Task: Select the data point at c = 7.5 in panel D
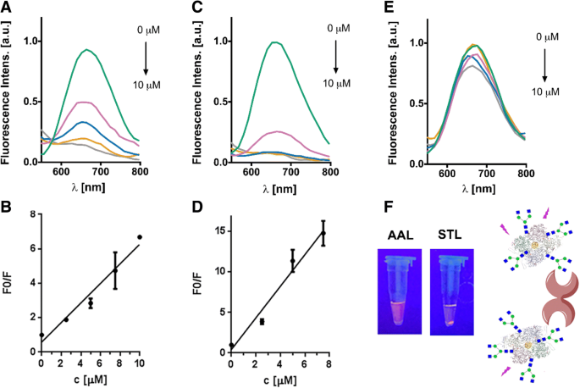pyautogui.click(x=323, y=233)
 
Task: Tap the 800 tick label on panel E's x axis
pyautogui.click(x=526, y=173)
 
